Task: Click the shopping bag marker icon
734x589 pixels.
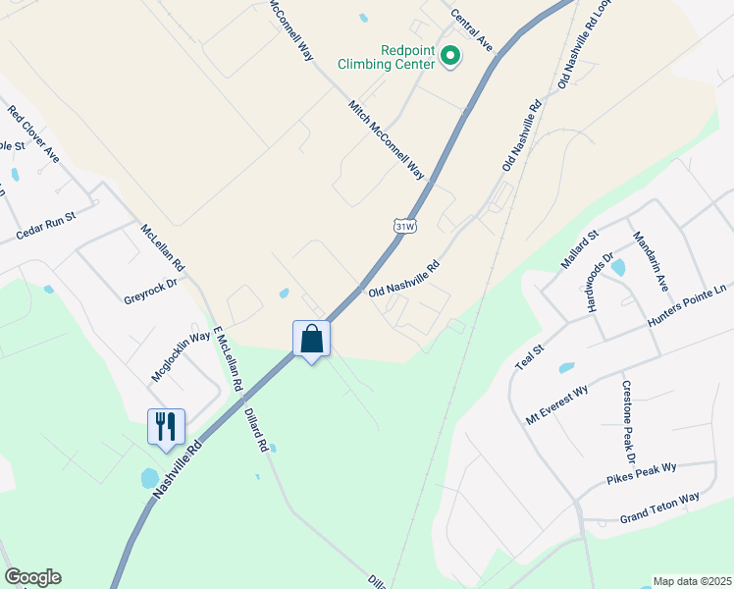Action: (x=312, y=340)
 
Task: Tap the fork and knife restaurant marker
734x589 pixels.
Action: (x=165, y=427)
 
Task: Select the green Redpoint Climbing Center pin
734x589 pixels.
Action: (x=450, y=57)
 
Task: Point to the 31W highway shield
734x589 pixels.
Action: (x=404, y=227)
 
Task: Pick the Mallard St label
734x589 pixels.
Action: (x=579, y=249)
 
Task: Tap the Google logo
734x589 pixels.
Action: (x=32, y=577)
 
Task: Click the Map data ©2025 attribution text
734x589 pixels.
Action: (x=692, y=581)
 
